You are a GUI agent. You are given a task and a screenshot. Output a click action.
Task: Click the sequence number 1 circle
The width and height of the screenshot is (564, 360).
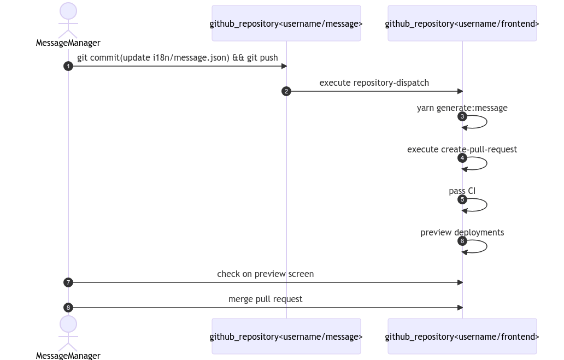coord(68,66)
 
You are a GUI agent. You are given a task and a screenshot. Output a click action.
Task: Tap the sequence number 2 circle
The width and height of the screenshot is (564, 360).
coord(286,91)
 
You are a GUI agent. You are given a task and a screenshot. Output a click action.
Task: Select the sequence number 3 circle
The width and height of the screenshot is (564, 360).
coord(462,116)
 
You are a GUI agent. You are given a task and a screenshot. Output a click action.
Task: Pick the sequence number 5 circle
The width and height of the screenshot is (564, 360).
coord(462,199)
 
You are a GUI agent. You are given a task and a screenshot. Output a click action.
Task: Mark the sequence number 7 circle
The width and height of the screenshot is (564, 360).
coord(68,282)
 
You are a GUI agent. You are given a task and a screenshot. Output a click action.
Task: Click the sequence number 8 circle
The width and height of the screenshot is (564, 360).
coord(68,308)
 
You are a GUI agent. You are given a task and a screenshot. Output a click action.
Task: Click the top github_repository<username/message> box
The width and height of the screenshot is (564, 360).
coord(286,23)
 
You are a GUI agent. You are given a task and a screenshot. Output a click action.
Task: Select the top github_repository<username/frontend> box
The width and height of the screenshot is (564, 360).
coord(462,23)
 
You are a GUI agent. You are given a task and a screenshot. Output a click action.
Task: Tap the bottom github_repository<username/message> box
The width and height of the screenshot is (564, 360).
coord(286,337)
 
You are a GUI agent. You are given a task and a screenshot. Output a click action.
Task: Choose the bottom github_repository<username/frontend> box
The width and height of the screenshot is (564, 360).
coord(462,337)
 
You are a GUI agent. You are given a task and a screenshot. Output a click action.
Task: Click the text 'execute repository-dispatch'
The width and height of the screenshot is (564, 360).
coord(374,83)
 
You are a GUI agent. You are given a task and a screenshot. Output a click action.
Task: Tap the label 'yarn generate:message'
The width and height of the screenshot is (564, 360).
coord(462,108)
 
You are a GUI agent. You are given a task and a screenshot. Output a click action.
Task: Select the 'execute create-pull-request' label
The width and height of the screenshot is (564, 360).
coord(462,150)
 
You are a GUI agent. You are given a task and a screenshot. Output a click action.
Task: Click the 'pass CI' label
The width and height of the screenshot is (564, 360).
coord(462,191)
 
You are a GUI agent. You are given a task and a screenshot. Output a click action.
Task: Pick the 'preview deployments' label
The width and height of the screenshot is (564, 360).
coord(462,233)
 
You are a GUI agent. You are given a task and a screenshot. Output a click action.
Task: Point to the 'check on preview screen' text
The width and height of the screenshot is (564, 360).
coord(265,274)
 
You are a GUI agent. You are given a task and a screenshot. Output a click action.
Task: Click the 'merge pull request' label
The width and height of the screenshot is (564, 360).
coord(265,299)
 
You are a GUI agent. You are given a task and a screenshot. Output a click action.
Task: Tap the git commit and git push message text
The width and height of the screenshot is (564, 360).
coord(177,58)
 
